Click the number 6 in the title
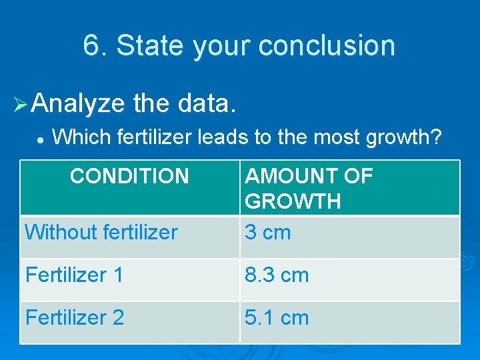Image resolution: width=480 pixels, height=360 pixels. point(91,45)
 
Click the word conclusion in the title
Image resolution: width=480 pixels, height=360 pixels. point(327,45)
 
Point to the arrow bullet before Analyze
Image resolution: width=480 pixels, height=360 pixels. point(20,104)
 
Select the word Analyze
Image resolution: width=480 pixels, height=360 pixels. point(78,103)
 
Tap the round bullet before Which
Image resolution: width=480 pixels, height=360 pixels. point(41,139)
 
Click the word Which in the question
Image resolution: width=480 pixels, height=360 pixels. point(81,137)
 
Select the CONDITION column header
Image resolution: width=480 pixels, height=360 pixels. point(129,176)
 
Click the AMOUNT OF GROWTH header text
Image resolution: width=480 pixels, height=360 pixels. point(309,188)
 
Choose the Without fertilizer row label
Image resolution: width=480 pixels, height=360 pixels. point(101,232)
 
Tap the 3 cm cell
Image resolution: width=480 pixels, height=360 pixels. point(267,232)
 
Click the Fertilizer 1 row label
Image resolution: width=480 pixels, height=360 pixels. point(75,275)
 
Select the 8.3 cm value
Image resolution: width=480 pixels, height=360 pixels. point(277,275)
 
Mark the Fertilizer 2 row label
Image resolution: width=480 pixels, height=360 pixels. point(75,317)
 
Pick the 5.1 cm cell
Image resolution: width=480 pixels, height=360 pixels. point(277,317)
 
